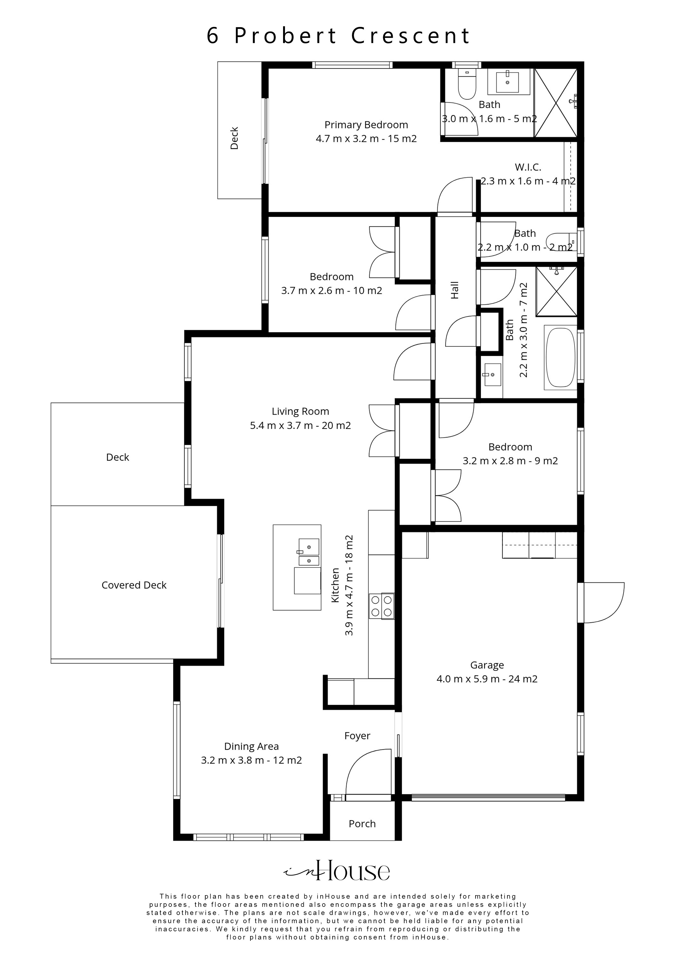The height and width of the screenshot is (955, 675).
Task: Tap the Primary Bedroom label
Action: tap(366, 125)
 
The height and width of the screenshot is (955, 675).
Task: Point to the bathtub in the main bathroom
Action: tap(560, 357)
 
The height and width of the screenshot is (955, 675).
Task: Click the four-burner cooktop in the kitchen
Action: tap(381, 606)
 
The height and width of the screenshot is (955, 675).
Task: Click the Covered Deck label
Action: tap(134, 585)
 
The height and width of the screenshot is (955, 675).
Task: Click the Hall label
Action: tap(455, 290)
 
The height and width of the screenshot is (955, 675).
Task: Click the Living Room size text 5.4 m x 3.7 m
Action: tap(300, 426)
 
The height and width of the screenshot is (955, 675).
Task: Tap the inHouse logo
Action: tap(337, 871)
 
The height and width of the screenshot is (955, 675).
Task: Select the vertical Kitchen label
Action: tap(335, 585)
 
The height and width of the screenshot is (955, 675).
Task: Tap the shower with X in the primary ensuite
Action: tap(555, 103)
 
